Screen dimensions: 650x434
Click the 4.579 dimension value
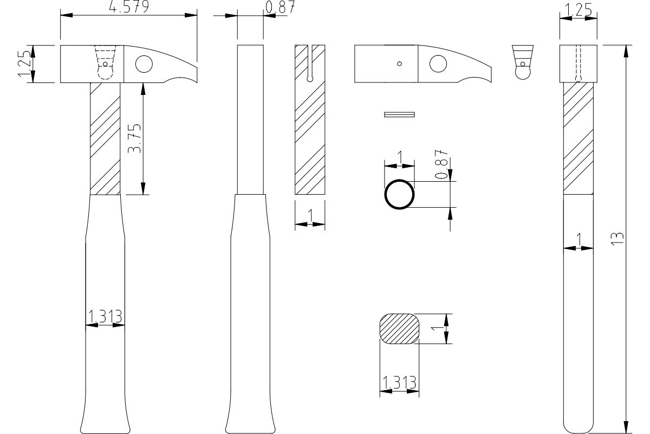tap(129, 7)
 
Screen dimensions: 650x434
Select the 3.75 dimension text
tap(134, 138)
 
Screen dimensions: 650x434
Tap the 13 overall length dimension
tap(617, 239)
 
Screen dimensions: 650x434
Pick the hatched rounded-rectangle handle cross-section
tap(399, 329)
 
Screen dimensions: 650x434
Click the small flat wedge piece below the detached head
tap(399, 114)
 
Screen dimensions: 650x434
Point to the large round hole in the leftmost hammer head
tap(144, 64)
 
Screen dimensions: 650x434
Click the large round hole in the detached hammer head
tap(438, 63)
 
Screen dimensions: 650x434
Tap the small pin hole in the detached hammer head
tap(400, 63)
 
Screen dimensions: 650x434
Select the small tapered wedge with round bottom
tap(523, 62)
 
